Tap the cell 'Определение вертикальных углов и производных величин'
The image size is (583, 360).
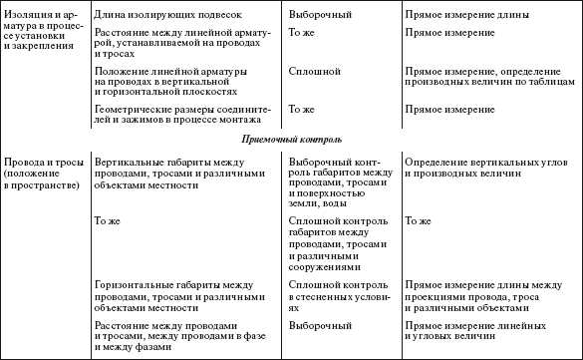[x=476, y=167]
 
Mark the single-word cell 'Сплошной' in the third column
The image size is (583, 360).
[x=314, y=73]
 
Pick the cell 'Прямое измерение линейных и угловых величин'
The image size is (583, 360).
[x=475, y=332]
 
